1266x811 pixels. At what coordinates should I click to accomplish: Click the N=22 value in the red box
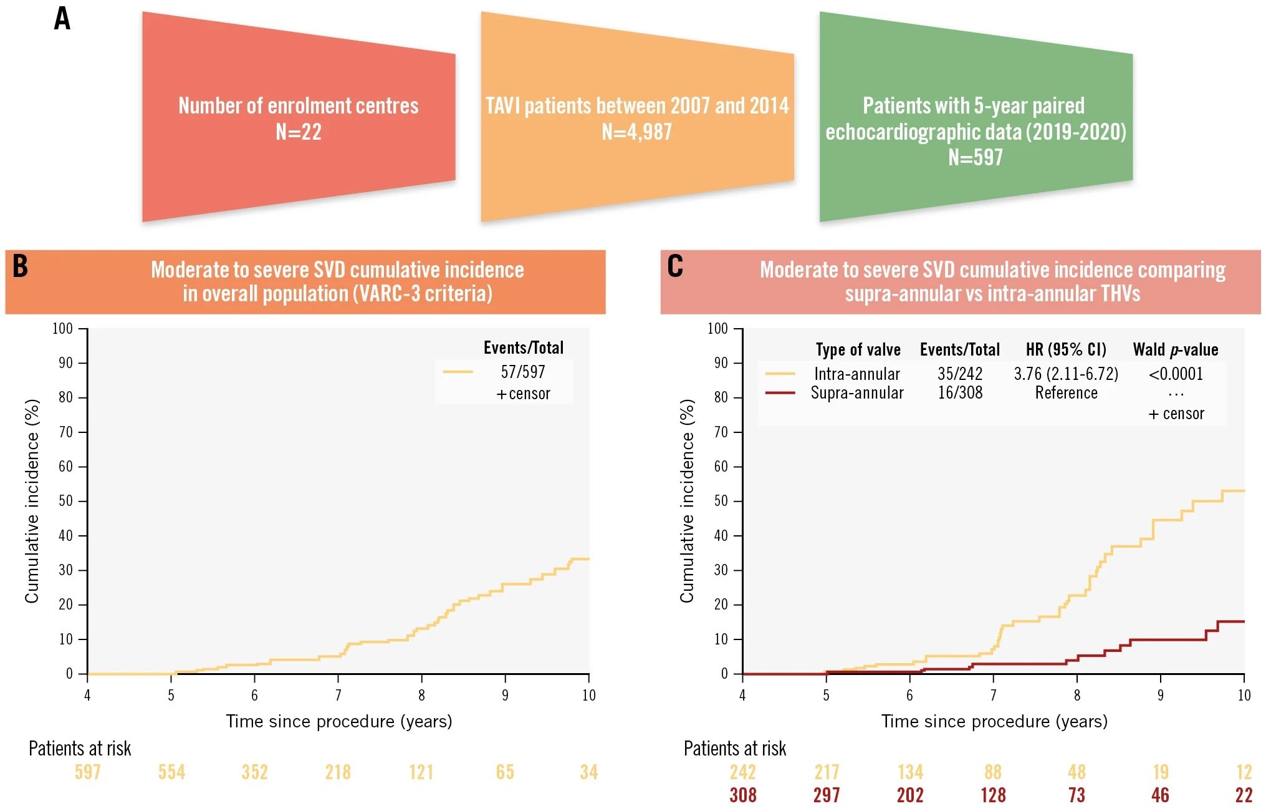point(299,132)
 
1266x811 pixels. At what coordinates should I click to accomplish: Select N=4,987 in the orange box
point(636,132)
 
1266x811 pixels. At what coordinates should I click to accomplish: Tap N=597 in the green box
point(976,157)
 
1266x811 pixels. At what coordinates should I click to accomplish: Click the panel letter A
point(62,19)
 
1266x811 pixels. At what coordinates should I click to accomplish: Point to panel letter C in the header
point(675,266)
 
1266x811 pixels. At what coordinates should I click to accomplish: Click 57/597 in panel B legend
point(523,372)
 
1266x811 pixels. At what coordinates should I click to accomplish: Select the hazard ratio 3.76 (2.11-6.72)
point(1066,374)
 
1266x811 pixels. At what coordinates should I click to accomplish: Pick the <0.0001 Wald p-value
point(1176,374)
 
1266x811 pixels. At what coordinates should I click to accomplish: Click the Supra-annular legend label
point(857,393)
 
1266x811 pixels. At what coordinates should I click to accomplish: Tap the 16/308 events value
point(960,393)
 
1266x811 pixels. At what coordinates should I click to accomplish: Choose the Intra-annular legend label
point(857,374)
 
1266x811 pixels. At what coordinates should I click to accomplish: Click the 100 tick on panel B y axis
point(62,329)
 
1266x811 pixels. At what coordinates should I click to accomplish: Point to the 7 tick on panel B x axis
point(338,695)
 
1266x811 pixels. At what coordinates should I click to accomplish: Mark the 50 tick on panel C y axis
point(721,501)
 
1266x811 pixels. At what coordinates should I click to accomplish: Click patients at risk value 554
point(171,772)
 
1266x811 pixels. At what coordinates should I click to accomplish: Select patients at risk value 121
point(421,772)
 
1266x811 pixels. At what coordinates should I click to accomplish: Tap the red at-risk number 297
point(827,795)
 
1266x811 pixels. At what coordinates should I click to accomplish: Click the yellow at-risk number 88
point(993,772)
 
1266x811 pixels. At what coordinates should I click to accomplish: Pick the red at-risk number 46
point(1160,795)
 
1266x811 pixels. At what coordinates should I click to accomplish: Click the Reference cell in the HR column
point(1066,393)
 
